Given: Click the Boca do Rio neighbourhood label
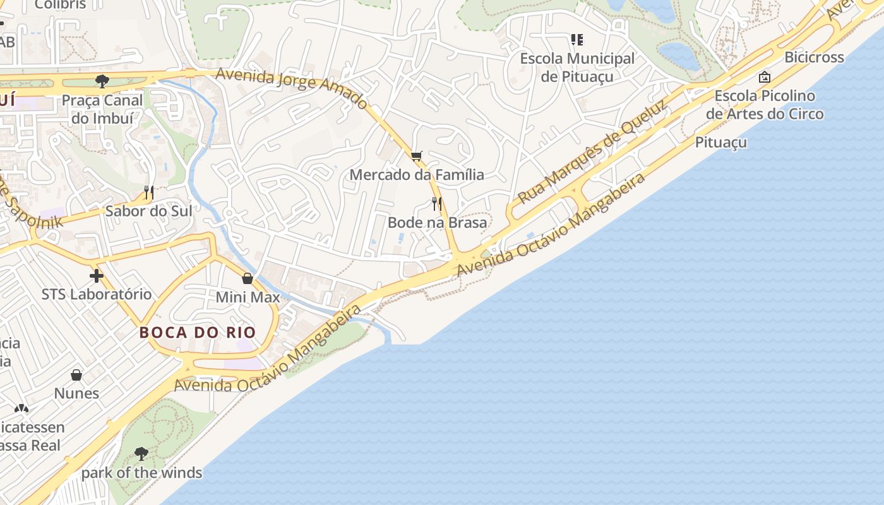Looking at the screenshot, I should pyautogui.click(x=198, y=333).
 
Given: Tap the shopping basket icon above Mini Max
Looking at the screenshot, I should pyautogui.click(x=248, y=278).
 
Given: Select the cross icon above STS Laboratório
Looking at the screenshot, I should pyautogui.click(x=97, y=276).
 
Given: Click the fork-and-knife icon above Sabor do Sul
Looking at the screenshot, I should pyautogui.click(x=149, y=192).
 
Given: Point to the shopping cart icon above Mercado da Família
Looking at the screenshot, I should pyautogui.click(x=416, y=156).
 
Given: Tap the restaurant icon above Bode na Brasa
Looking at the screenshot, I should pyautogui.click(x=436, y=203).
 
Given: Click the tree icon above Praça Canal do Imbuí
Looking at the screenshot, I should pyautogui.click(x=102, y=81).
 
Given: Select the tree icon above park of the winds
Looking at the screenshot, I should pyautogui.click(x=141, y=453).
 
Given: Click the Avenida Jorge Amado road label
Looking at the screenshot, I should pyautogui.click(x=291, y=88).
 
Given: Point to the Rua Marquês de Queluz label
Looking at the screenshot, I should pyautogui.click(x=592, y=153).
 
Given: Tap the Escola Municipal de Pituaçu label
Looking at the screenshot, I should pyautogui.click(x=577, y=68).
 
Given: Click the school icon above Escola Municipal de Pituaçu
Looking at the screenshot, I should pyautogui.click(x=576, y=40).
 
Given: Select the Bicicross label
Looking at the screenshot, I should pyautogui.click(x=814, y=57).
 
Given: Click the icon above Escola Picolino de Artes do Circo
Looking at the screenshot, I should pyautogui.click(x=765, y=77).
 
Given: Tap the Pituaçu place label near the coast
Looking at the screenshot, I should pyautogui.click(x=721, y=143).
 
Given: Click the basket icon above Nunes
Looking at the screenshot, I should pyautogui.click(x=76, y=375).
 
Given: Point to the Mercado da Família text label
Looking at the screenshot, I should pyautogui.click(x=417, y=175).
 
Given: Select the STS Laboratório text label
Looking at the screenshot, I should pyautogui.click(x=97, y=294).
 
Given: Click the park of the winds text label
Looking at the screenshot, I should pyautogui.click(x=141, y=473).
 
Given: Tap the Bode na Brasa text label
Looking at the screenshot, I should pyautogui.click(x=437, y=223).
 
